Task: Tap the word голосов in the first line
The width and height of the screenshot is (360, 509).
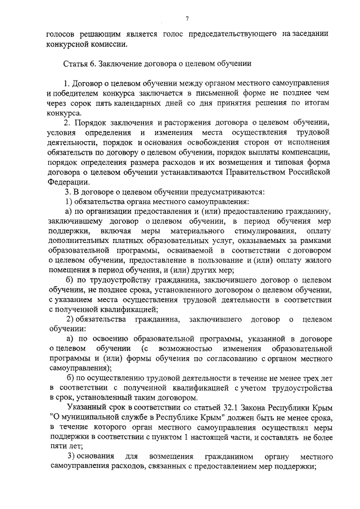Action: [60, 33]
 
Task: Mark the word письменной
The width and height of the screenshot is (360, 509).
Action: [212, 93]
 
